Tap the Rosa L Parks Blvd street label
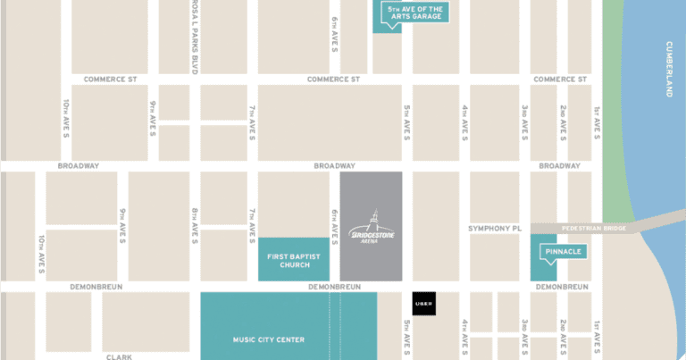coord(194,36)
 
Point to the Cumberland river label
coord(669,69)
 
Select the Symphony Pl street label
coord(494,229)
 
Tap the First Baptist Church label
coord(289,259)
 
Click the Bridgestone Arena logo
coord(371,227)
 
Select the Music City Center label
coord(269,339)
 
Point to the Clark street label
coord(120,356)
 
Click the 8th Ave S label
coord(194,225)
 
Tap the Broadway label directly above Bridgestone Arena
coord(335,166)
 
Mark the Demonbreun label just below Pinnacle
coord(560,287)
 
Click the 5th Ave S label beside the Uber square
coord(406,336)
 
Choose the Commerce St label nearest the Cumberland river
coord(559,79)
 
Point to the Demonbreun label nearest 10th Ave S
coord(96,287)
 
